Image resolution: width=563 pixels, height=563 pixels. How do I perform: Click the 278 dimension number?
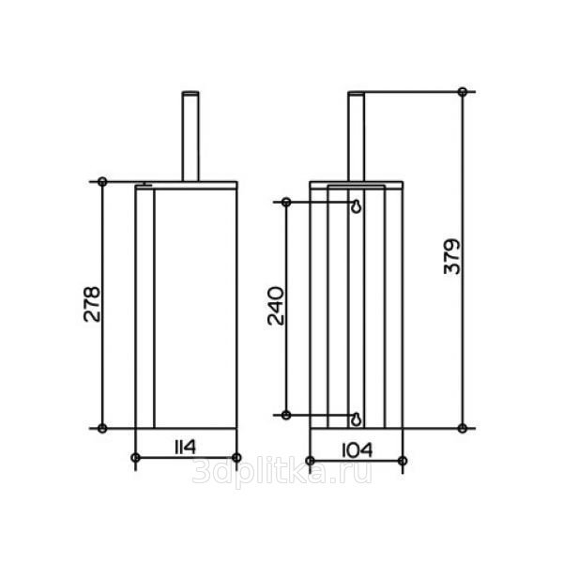pos(92,304)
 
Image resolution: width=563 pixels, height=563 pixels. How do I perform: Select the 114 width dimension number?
pos(185,448)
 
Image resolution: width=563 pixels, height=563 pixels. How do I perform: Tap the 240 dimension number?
pos(276,306)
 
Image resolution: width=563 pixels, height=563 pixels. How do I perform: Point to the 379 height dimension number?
pos(451,256)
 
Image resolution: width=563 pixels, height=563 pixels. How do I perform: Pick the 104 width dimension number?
pos(357,450)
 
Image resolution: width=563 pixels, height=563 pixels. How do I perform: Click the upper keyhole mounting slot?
pos(357,206)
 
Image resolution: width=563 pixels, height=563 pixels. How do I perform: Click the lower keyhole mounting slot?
pos(356,418)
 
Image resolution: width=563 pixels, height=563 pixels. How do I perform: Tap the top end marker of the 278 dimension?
pos(102,182)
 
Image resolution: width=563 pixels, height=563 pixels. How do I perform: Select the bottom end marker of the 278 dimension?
pos(102,429)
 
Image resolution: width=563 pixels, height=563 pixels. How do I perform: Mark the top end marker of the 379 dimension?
pos(463,92)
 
